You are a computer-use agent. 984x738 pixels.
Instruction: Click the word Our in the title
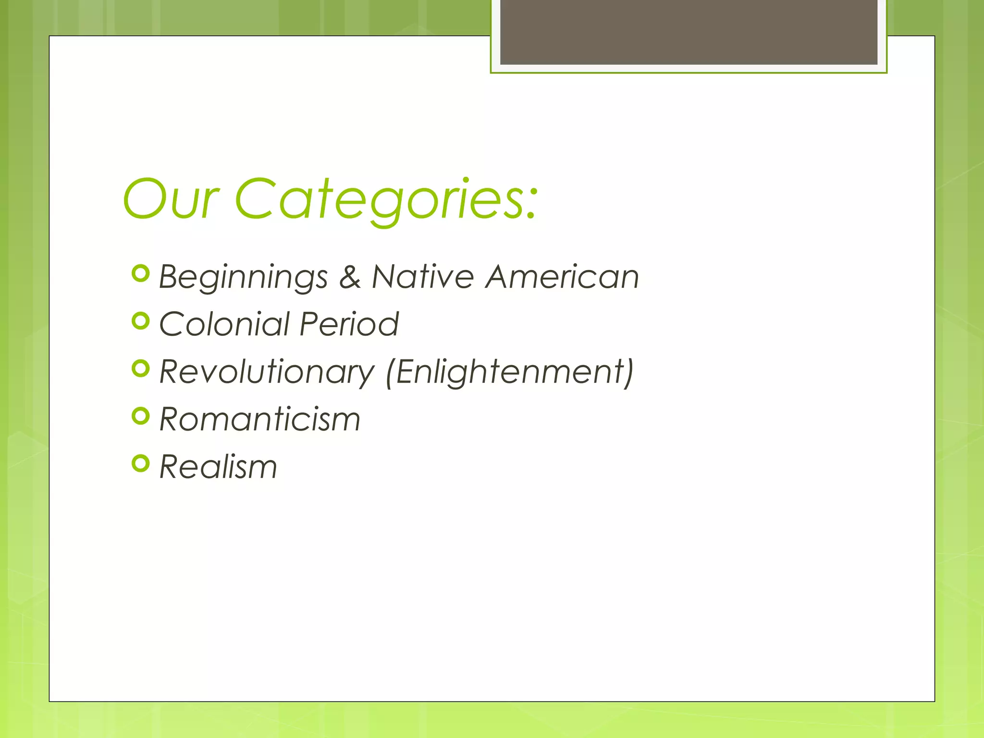171,199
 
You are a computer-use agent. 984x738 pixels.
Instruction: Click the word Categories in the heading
380,199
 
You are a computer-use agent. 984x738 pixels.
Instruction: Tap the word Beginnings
243,277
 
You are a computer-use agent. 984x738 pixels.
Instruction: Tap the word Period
349,324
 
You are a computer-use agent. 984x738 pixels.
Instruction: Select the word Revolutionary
267,372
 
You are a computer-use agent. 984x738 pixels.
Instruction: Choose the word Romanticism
259,419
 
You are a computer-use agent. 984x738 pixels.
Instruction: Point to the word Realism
218,467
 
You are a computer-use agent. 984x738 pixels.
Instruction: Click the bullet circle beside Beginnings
141,273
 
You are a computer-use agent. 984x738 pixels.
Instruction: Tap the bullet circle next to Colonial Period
141,320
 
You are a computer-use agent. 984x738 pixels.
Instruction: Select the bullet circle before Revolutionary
141,369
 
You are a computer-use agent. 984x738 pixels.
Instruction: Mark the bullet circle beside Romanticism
141,416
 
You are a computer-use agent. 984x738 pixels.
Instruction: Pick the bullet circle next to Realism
141,463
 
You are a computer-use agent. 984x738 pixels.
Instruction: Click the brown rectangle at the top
689,32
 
